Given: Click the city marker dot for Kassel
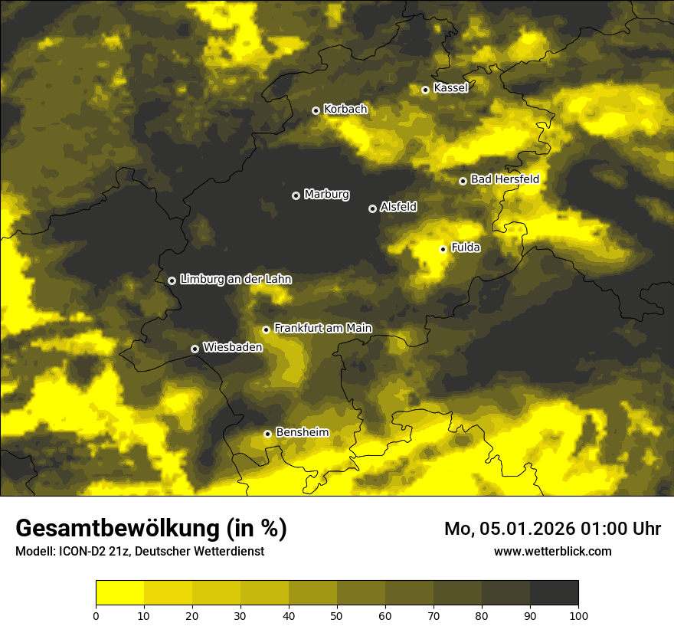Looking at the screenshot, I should click(425, 90).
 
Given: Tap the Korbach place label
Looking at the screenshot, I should click(345, 110).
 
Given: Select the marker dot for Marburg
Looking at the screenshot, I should click(296, 195).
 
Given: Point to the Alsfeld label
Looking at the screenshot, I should click(398, 207).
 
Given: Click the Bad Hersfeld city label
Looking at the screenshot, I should click(505, 179).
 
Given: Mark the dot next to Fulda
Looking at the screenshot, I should click(443, 249).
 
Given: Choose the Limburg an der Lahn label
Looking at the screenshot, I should click(235, 280).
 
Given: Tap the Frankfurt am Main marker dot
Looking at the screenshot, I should click(266, 330).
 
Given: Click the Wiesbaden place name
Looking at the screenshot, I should click(233, 347).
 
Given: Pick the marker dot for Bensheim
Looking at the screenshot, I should click(267, 434).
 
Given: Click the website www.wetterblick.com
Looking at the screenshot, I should click(552, 551).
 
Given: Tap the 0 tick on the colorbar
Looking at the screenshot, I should click(96, 615).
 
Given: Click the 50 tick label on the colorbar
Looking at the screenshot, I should click(337, 615).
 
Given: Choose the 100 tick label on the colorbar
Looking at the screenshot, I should click(578, 615).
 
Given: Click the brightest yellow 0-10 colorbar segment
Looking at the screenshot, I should click(119, 593).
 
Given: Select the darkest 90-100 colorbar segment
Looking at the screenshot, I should click(554, 593).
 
